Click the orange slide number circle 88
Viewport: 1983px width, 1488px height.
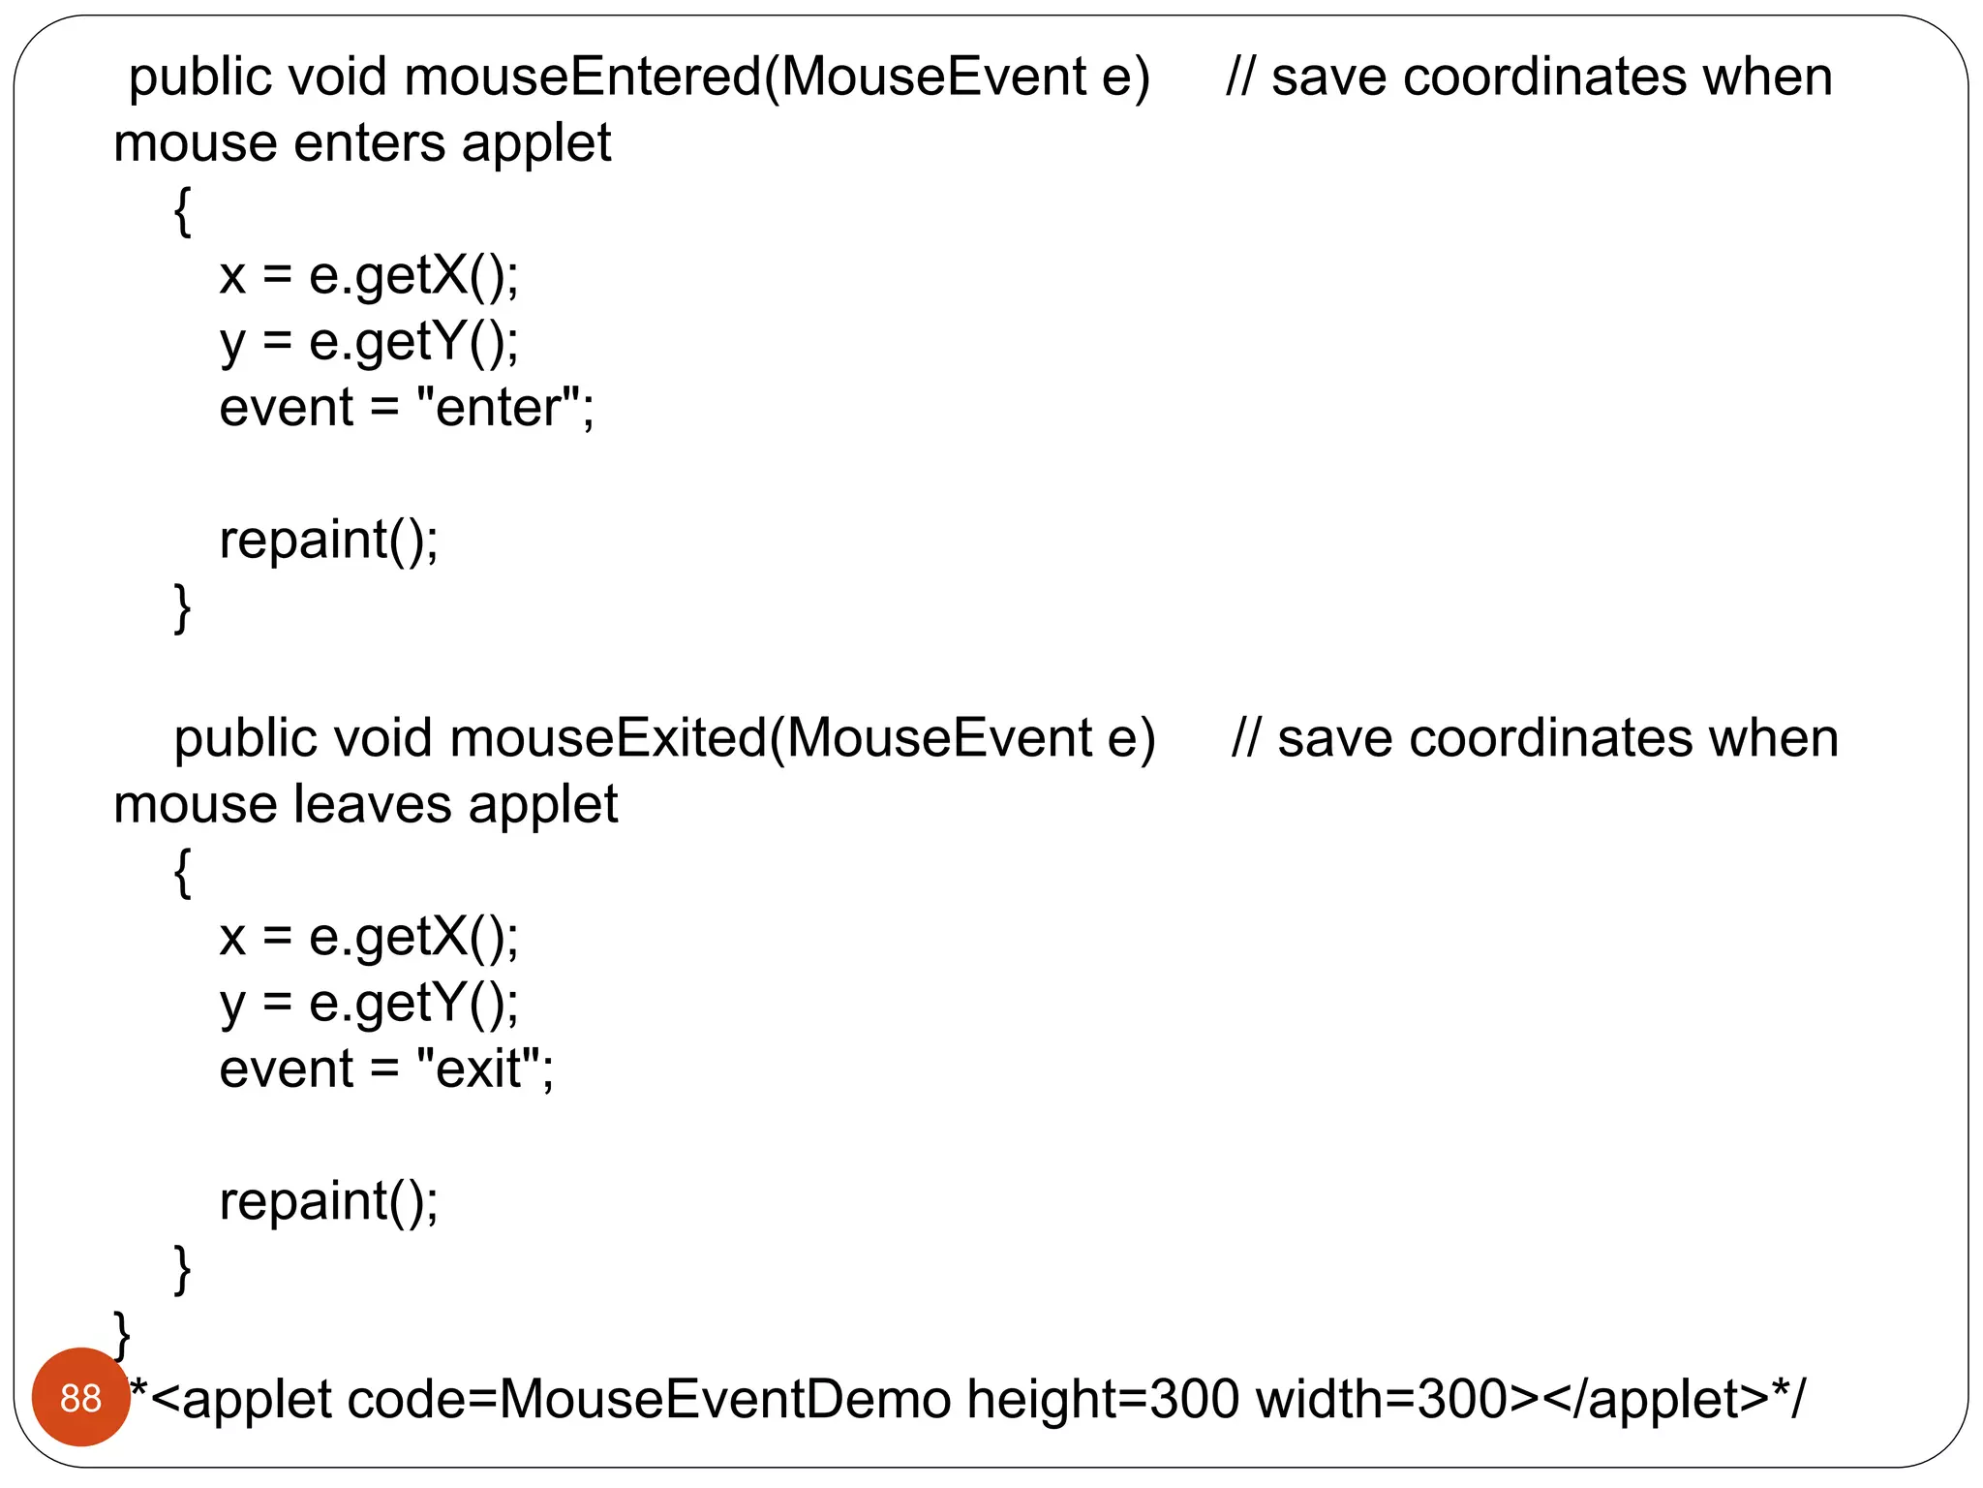80,1398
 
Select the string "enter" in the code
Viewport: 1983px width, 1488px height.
498,407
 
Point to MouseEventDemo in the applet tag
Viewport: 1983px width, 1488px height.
725,1400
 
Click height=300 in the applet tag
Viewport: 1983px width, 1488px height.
1102,1400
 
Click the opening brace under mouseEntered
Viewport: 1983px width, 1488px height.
182,211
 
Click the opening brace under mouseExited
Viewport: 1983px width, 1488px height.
182,872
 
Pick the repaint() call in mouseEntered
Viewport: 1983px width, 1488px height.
328,540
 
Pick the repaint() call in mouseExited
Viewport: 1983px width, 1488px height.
328,1201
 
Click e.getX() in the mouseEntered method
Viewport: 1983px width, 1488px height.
412,276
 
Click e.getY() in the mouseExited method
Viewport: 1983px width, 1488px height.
412,1004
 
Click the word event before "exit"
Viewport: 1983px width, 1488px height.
287,1069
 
